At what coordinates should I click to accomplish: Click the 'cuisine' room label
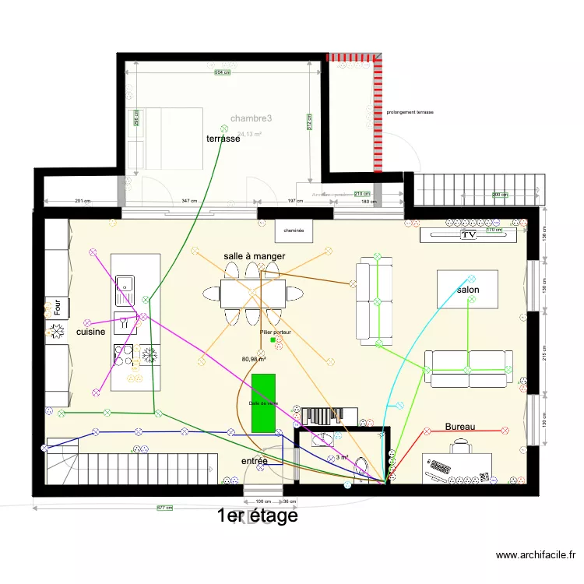(90, 332)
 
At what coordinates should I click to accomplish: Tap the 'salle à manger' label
(254, 256)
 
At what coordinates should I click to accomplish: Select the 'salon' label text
(468, 290)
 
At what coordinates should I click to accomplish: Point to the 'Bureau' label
(460, 427)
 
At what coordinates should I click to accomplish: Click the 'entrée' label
(254, 461)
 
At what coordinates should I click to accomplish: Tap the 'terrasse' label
(223, 139)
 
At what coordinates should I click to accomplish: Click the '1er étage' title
(257, 515)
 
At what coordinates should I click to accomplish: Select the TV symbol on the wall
(468, 234)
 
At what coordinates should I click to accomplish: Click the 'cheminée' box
(294, 230)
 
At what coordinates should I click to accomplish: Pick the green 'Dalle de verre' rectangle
(263, 403)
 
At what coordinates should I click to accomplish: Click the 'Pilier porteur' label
(276, 332)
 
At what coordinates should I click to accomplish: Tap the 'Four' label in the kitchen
(57, 306)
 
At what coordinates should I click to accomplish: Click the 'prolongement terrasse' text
(410, 112)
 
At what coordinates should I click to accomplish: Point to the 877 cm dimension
(164, 508)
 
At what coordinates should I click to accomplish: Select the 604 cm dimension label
(222, 73)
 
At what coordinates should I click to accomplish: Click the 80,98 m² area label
(254, 359)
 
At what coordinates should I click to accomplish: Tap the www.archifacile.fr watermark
(536, 555)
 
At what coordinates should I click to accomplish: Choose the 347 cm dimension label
(189, 201)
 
